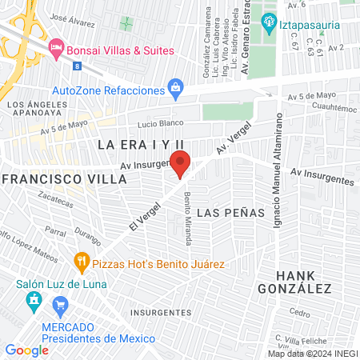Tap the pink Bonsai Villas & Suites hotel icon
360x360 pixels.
[x=56, y=50]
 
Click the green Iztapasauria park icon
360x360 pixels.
[x=269, y=20]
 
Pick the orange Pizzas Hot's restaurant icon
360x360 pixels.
[x=81, y=260]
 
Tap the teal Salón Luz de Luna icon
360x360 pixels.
[x=34, y=301]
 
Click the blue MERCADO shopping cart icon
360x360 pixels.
[x=60, y=305]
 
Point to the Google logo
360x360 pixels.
[x=26, y=350]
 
